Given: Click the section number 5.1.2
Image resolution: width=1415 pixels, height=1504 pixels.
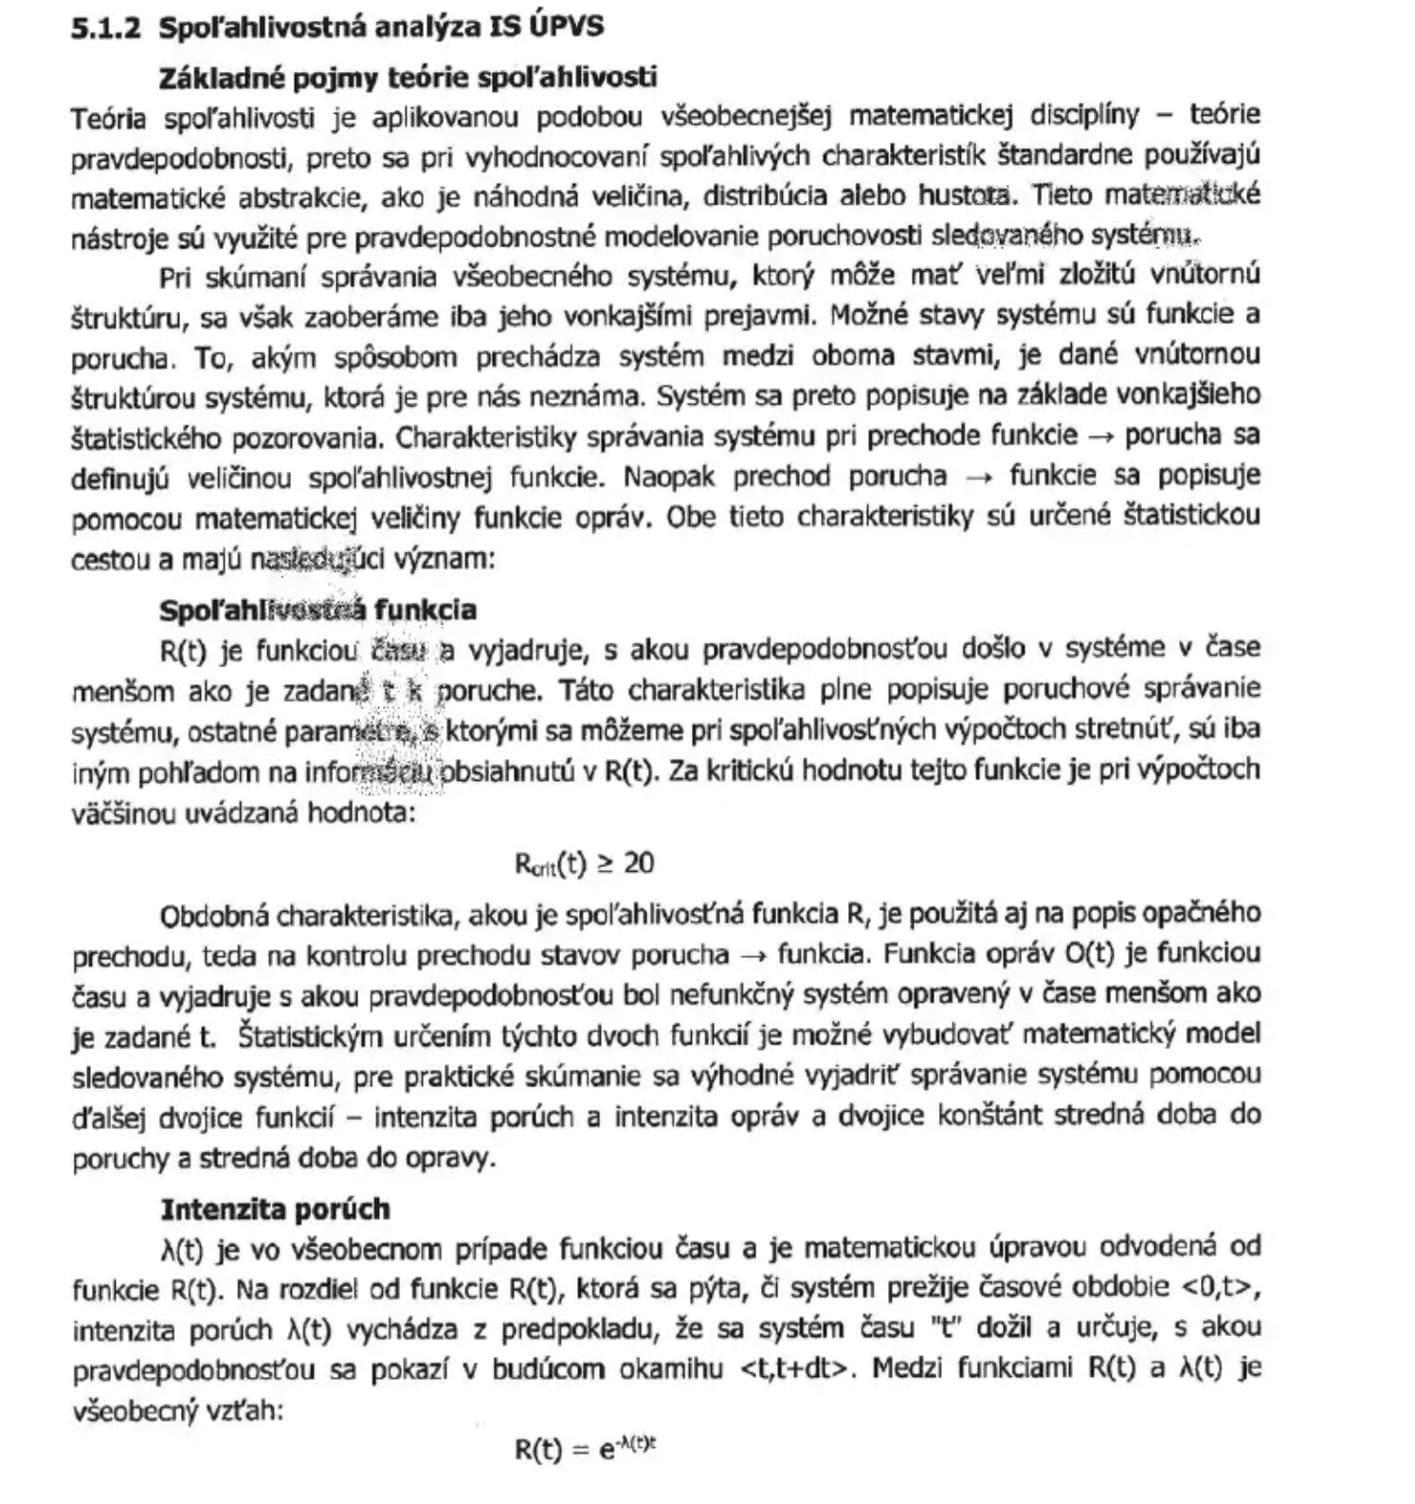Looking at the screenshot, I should (x=105, y=27).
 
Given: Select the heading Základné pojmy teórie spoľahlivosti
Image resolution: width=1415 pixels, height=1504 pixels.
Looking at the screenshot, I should (x=408, y=77).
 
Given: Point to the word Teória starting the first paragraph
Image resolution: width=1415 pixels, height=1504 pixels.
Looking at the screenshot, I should (x=108, y=118).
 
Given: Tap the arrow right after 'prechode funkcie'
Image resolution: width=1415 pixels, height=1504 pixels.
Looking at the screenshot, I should (x=1100, y=437).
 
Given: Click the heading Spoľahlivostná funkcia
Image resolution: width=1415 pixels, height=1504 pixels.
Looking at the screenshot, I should (x=317, y=609).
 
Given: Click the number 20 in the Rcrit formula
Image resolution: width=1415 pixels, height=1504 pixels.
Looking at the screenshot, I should (x=640, y=863).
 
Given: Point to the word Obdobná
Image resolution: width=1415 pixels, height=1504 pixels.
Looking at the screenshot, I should (x=214, y=916).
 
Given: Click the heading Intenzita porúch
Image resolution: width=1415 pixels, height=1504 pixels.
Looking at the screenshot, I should (x=275, y=1209).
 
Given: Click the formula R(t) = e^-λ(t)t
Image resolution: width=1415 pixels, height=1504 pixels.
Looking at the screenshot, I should (x=586, y=1449).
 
